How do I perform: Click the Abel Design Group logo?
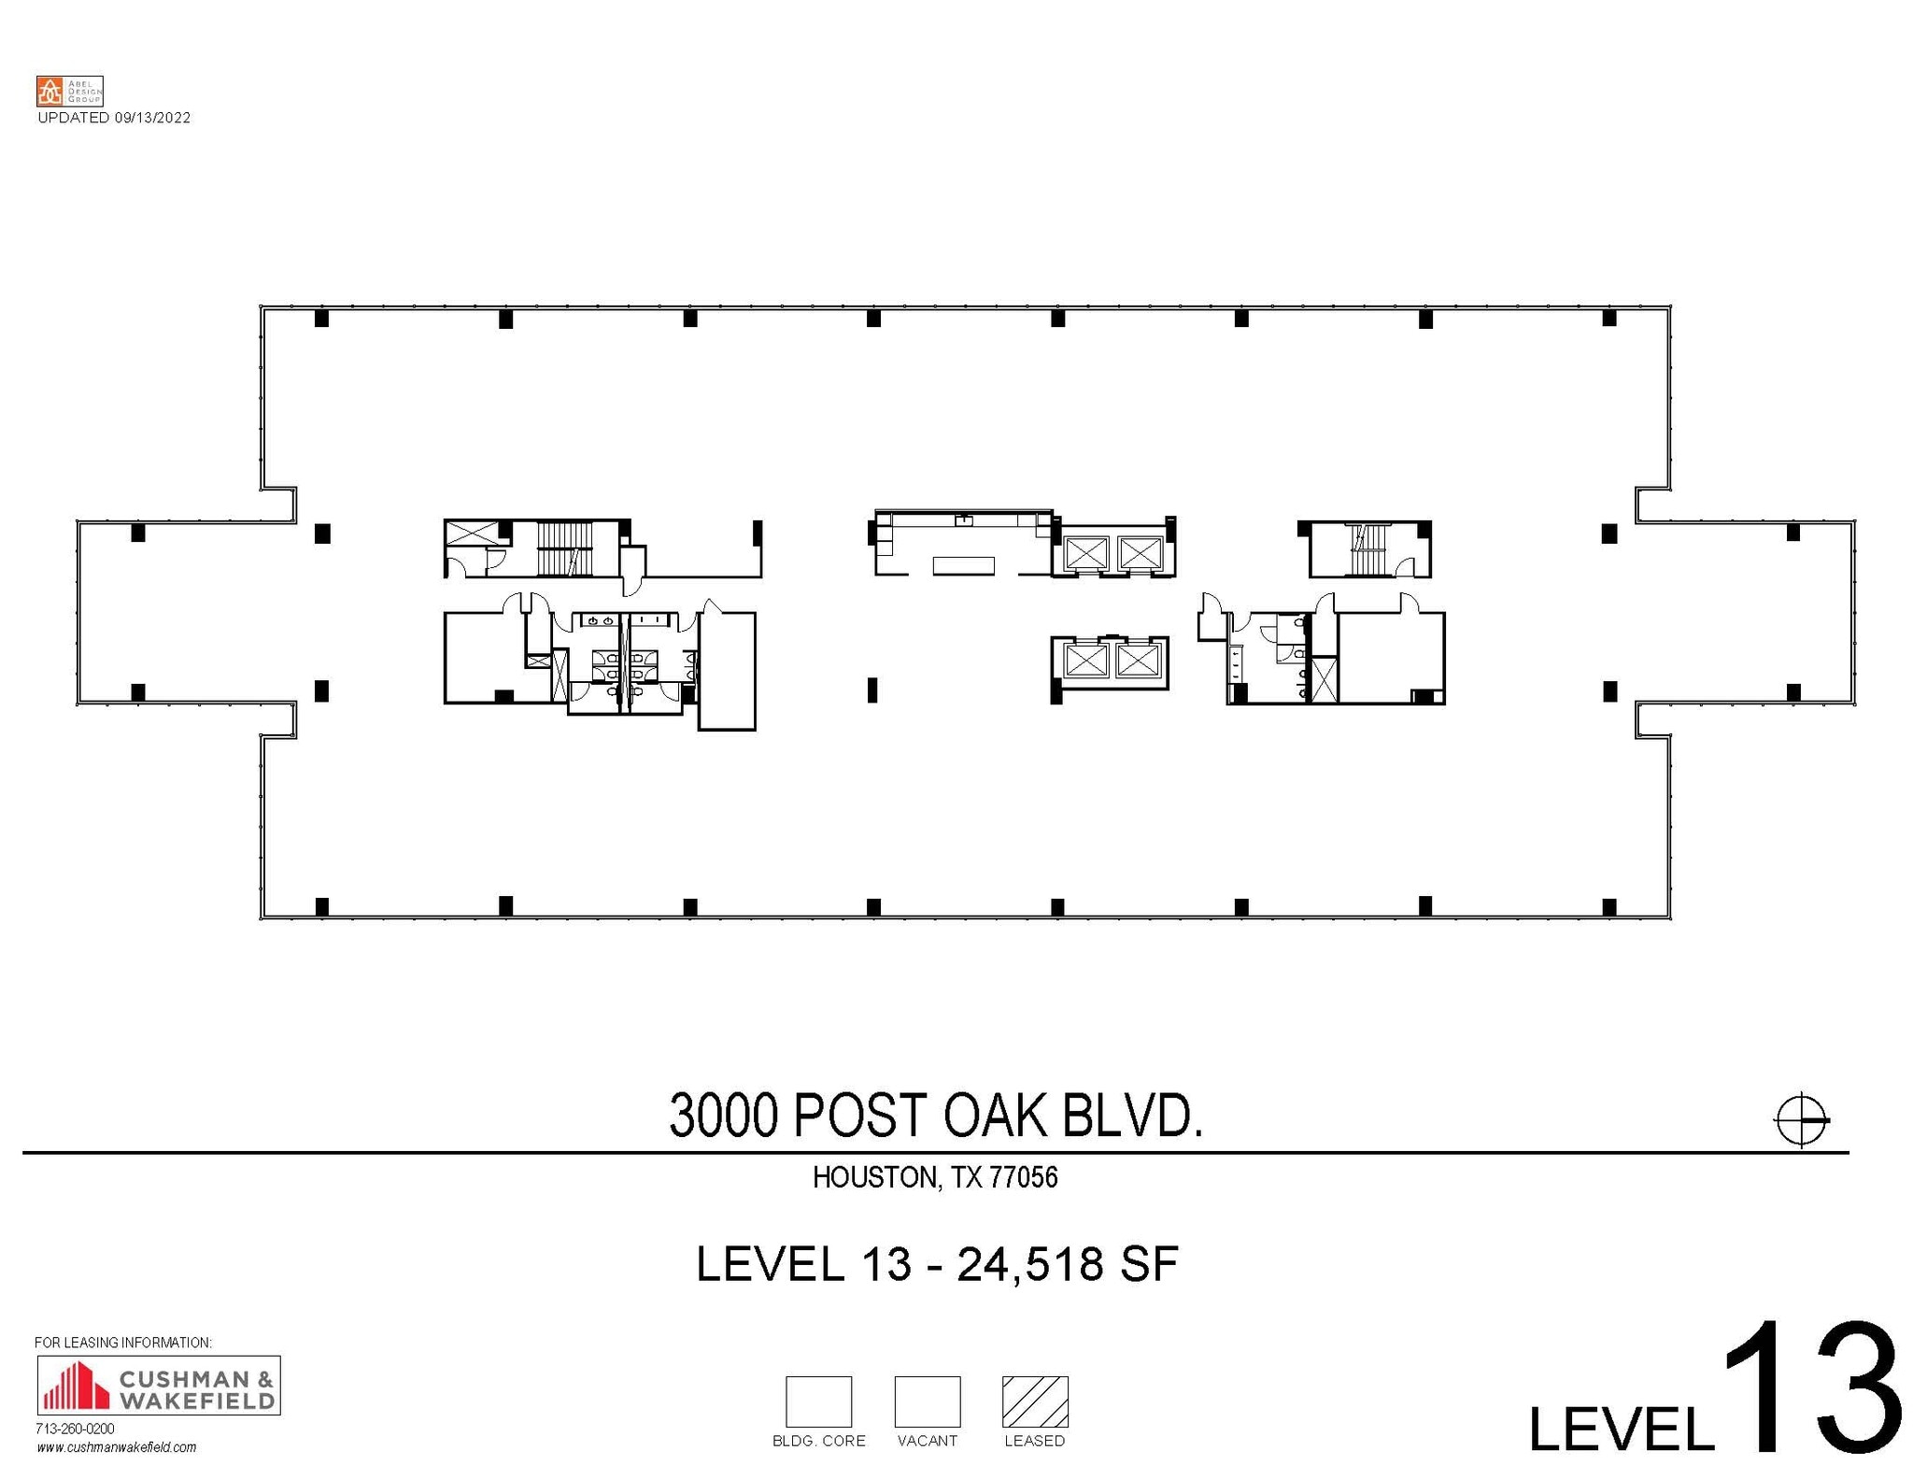[69, 92]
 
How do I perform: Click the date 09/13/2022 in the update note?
[152, 118]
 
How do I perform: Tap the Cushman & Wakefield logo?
[158, 1385]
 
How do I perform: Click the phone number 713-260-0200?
[75, 1429]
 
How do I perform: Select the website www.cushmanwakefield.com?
[117, 1447]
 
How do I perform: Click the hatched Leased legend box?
[1034, 1401]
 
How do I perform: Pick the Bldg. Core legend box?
[818, 1401]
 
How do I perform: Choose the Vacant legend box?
[927, 1401]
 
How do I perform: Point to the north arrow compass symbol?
[1800, 1118]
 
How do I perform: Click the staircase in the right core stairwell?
[1367, 550]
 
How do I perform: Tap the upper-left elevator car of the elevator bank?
[1085, 553]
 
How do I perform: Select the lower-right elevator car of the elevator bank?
[1137, 661]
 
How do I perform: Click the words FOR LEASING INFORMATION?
[123, 1343]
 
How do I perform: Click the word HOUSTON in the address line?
[874, 1177]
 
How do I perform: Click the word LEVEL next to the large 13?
[1621, 1426]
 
